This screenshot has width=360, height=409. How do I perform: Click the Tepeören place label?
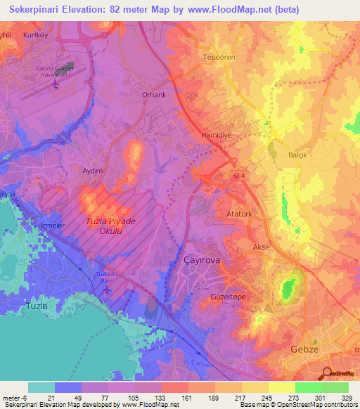(x=218, y=57)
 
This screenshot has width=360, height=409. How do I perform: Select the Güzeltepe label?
(x=227, y=297)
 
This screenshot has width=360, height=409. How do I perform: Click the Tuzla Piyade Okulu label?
(x=109, y=225)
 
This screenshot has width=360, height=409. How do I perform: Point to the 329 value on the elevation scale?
(x=348, y=398)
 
